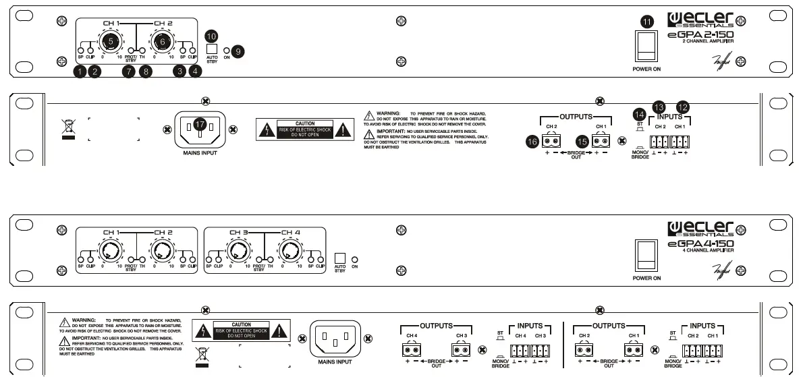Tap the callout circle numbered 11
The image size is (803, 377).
(x=647, y=22)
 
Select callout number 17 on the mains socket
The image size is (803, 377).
(x=199, y=124)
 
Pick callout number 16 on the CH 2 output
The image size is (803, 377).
(x=532, y=141)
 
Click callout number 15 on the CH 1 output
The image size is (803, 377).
(x=582, y=141)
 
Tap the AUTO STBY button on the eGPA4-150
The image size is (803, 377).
(x=341, y=258)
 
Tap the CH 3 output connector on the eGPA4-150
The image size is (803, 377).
(x=461, y=350)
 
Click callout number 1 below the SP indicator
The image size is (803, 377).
(x=80, y=71)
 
